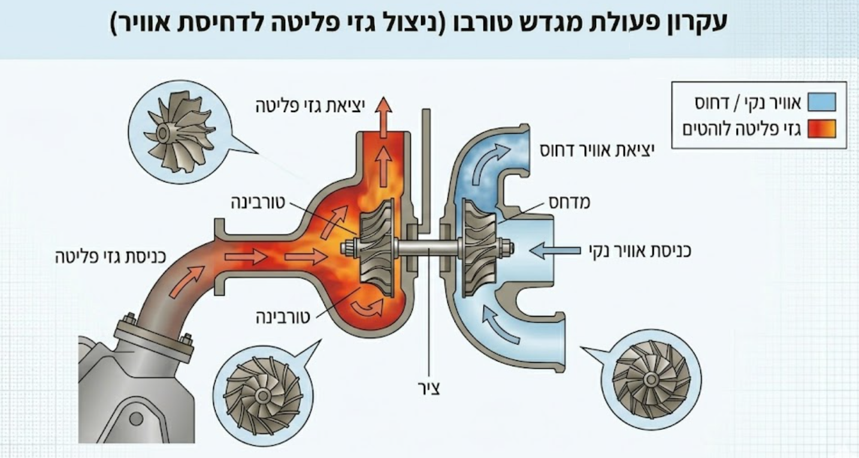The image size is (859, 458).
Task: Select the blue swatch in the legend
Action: coord(821,103)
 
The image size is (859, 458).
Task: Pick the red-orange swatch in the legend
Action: coord(821,129)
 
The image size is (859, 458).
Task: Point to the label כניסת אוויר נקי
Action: coord(631,249)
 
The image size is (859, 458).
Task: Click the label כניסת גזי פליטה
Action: coord(110,258)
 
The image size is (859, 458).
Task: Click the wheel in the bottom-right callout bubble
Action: coord(651,379)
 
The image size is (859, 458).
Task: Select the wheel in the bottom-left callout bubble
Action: coord(261,395)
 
